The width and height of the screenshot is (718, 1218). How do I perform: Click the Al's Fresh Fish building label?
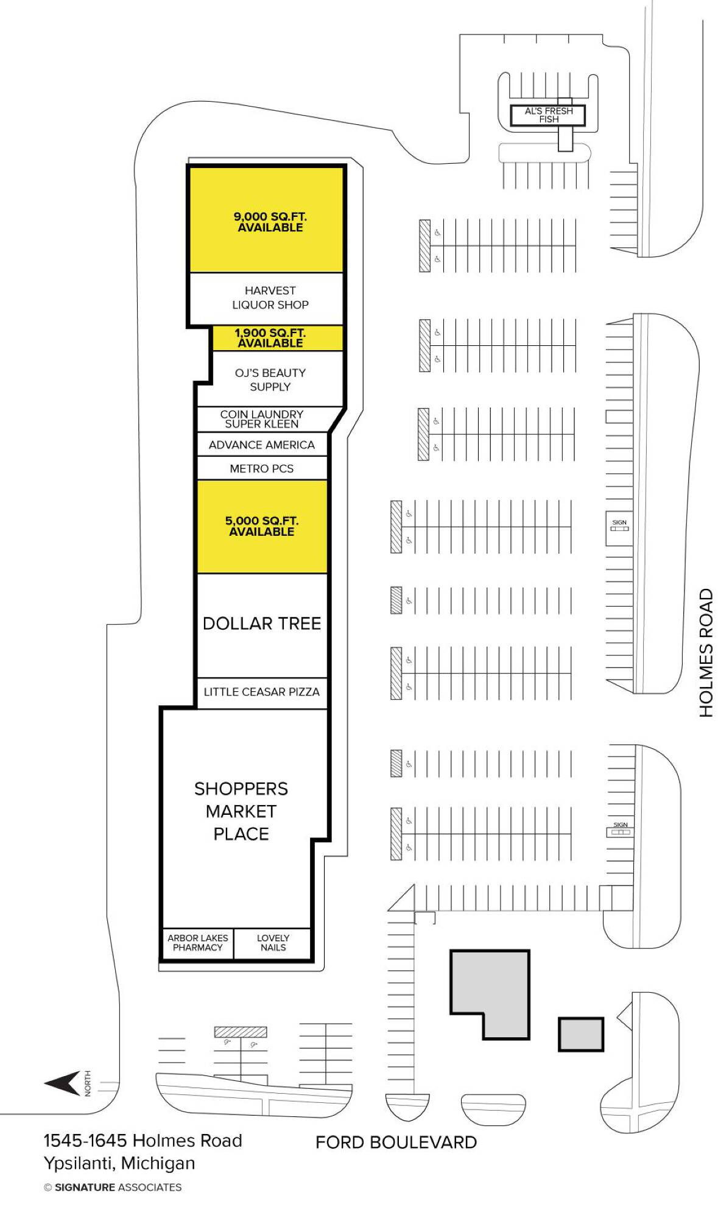pos(548,114)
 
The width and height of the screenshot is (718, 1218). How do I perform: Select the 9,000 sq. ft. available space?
pos(267,219)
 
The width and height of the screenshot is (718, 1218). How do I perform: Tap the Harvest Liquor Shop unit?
pos(267,298)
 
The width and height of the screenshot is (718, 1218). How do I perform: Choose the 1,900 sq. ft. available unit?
pos(278,338)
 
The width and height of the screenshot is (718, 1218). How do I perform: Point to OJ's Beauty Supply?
pos(270,379)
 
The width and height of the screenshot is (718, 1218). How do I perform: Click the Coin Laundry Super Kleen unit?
pos(262,419)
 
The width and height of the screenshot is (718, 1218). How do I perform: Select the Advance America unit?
pos(262,445)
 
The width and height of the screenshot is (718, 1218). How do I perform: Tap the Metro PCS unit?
pos(262,468)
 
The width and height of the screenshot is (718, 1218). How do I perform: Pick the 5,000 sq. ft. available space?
pos(262,526)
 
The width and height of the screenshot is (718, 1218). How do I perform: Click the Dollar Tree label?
pos(262,623)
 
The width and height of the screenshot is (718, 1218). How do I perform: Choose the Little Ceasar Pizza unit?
pos(262,692)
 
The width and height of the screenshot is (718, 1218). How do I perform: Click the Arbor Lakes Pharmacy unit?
pos(198,943)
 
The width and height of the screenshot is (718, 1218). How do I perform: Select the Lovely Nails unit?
pos(273,943)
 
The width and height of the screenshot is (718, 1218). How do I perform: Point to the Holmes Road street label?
pos(705,652)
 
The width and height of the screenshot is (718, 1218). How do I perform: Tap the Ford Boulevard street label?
pos(396,1142)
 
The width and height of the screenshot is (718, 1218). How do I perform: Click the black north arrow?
pos(62,1083)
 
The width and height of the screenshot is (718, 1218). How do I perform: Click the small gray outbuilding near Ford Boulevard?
pos(581,1034)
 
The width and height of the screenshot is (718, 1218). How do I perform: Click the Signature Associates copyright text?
pos(113,1187)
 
